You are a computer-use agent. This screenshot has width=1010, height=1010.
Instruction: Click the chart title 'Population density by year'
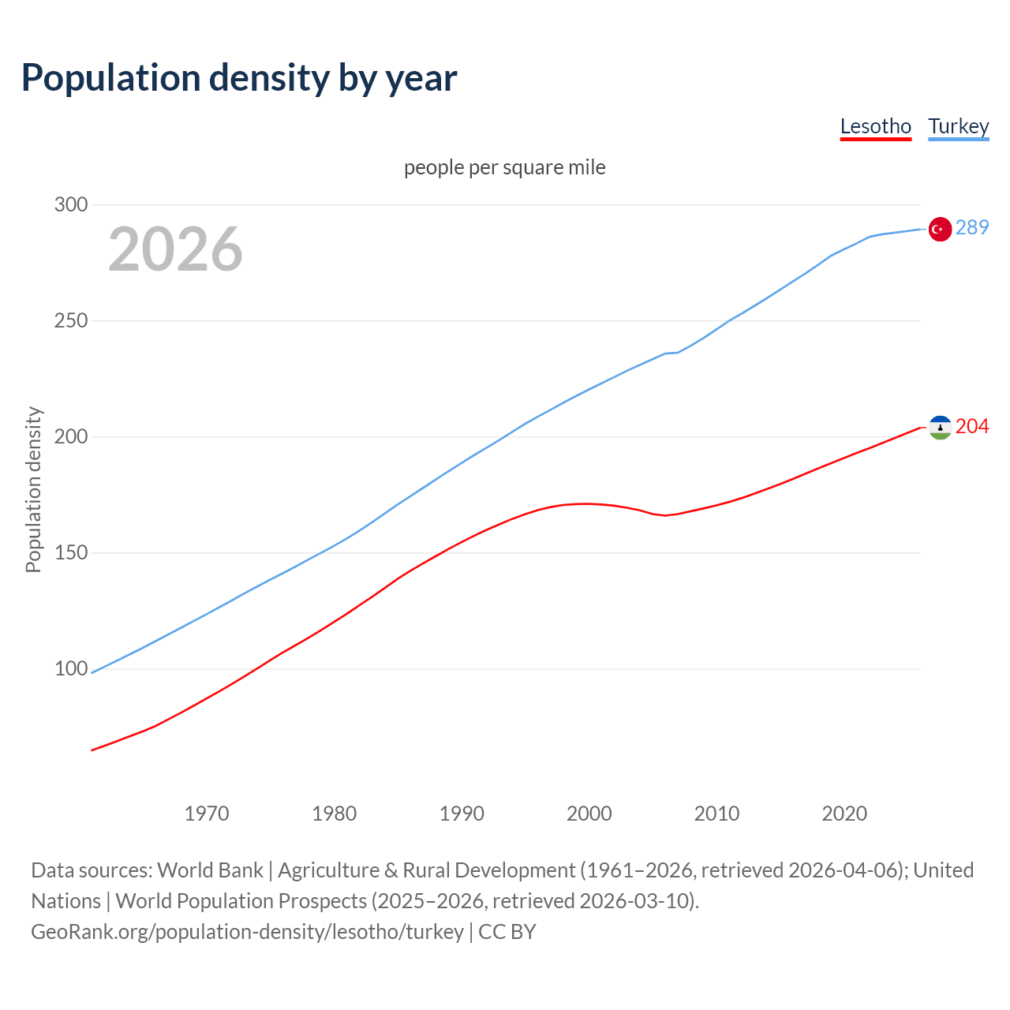pos(239,78)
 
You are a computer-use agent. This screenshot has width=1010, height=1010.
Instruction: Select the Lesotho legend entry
pos(875,127)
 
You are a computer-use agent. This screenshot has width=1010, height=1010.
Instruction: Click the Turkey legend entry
pos(958,127)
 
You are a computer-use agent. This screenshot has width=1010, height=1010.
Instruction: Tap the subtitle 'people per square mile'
pos(504,168)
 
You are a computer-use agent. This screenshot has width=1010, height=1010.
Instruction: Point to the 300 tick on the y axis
pos(70,205)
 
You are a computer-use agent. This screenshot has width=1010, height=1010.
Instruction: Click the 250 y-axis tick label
pos(70,321)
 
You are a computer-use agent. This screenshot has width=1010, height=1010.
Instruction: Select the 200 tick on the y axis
pos(70,437)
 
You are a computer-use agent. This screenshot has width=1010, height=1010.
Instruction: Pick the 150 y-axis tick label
pos(70,553)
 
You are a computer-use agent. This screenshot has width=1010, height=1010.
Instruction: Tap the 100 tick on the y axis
pos(70,669)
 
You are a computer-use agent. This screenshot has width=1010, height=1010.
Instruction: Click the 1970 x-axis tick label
pos(207,814)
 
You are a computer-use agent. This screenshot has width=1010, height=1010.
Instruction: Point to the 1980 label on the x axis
pos(335,814)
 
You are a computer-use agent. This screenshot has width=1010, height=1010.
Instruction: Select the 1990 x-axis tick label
pos(462,814)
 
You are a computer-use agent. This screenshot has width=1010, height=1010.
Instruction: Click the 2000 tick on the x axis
pos(589,814)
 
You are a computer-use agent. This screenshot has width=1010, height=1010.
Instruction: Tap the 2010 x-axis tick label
pos(716,814)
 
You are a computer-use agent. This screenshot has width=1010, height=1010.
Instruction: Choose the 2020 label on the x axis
pos(844,814)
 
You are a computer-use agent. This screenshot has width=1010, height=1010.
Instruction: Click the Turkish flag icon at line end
pos(939,229)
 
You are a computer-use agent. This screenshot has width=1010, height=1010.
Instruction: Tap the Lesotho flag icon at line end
pos(939,428)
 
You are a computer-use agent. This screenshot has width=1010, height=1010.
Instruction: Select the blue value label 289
pos(971,228)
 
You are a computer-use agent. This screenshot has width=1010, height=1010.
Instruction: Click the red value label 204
pos(971,427)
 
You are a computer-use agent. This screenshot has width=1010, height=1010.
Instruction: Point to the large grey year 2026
pos(175,249)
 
